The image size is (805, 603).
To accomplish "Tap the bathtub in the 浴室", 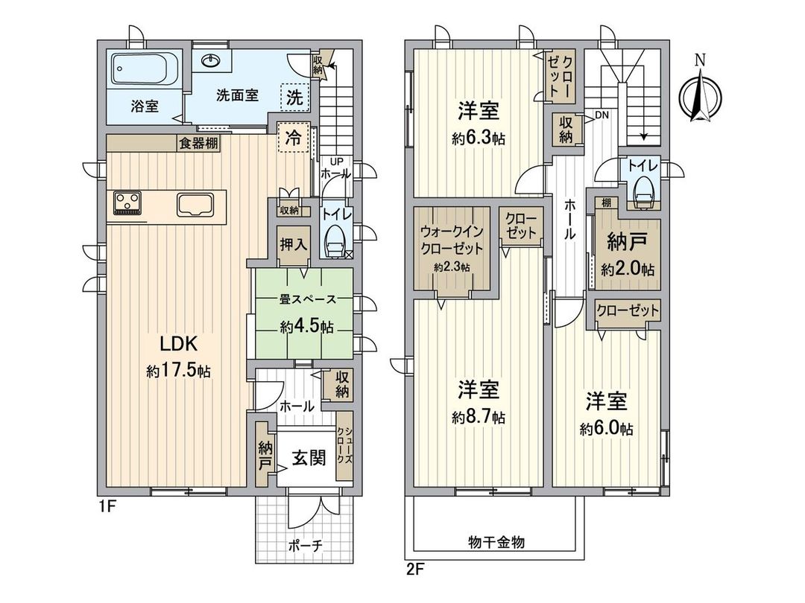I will (145, 69).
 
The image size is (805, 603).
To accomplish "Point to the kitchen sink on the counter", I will (195, 202).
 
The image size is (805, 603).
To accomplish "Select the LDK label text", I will (178, 344).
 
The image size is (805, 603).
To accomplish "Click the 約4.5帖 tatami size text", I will (306, 326).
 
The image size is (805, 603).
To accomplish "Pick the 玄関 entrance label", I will (308, 458).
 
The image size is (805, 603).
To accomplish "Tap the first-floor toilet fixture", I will (334, 240).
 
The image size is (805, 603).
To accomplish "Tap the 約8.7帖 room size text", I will (478, 418).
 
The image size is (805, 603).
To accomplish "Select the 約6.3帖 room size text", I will (478, 138).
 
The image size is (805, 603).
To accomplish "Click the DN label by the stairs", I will (601, 115).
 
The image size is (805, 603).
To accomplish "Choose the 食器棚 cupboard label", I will (198, 144).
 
